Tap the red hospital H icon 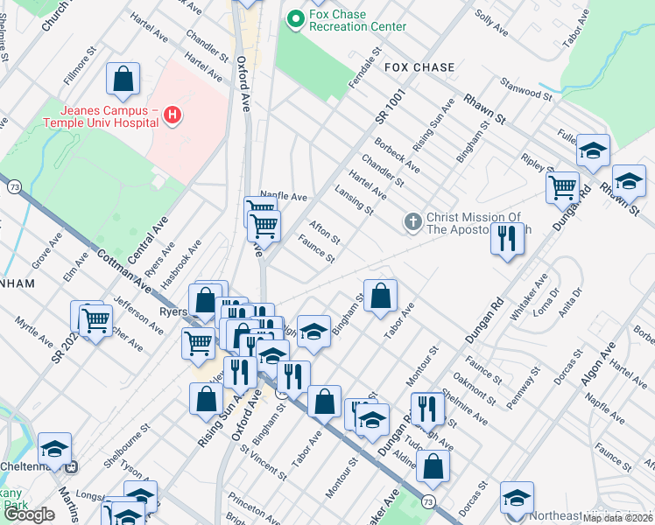173,115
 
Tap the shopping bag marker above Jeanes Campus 123,80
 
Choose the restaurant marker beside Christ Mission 506,238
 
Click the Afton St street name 325,231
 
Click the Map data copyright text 617,518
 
